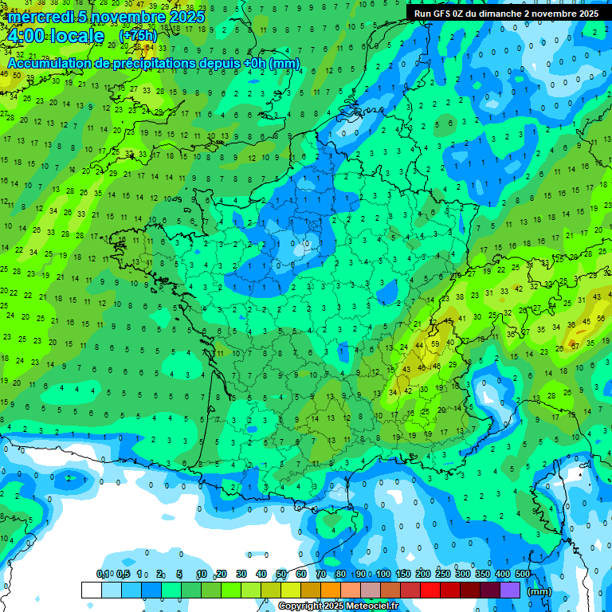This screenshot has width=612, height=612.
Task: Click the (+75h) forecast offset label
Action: [x=138, y=36]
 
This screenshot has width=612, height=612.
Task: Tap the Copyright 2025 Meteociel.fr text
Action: [x=338, y=606]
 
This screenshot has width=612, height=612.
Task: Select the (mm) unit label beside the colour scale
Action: [x=539, y=591]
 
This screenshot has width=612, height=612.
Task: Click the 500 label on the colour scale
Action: [x=522, y=575]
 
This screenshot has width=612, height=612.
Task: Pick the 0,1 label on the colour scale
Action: [x=103, y=575]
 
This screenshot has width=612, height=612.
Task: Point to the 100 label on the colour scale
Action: [x=382, y=575]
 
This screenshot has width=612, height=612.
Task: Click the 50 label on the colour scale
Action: [x=281, y=575]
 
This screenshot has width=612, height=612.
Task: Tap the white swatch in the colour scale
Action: [x=91, y=590]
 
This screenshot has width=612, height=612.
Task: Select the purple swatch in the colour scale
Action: [x=510, y=590]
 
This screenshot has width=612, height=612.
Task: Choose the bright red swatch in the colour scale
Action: [x=430, y=590]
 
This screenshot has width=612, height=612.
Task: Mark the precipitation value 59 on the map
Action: [x=434, y=344]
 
